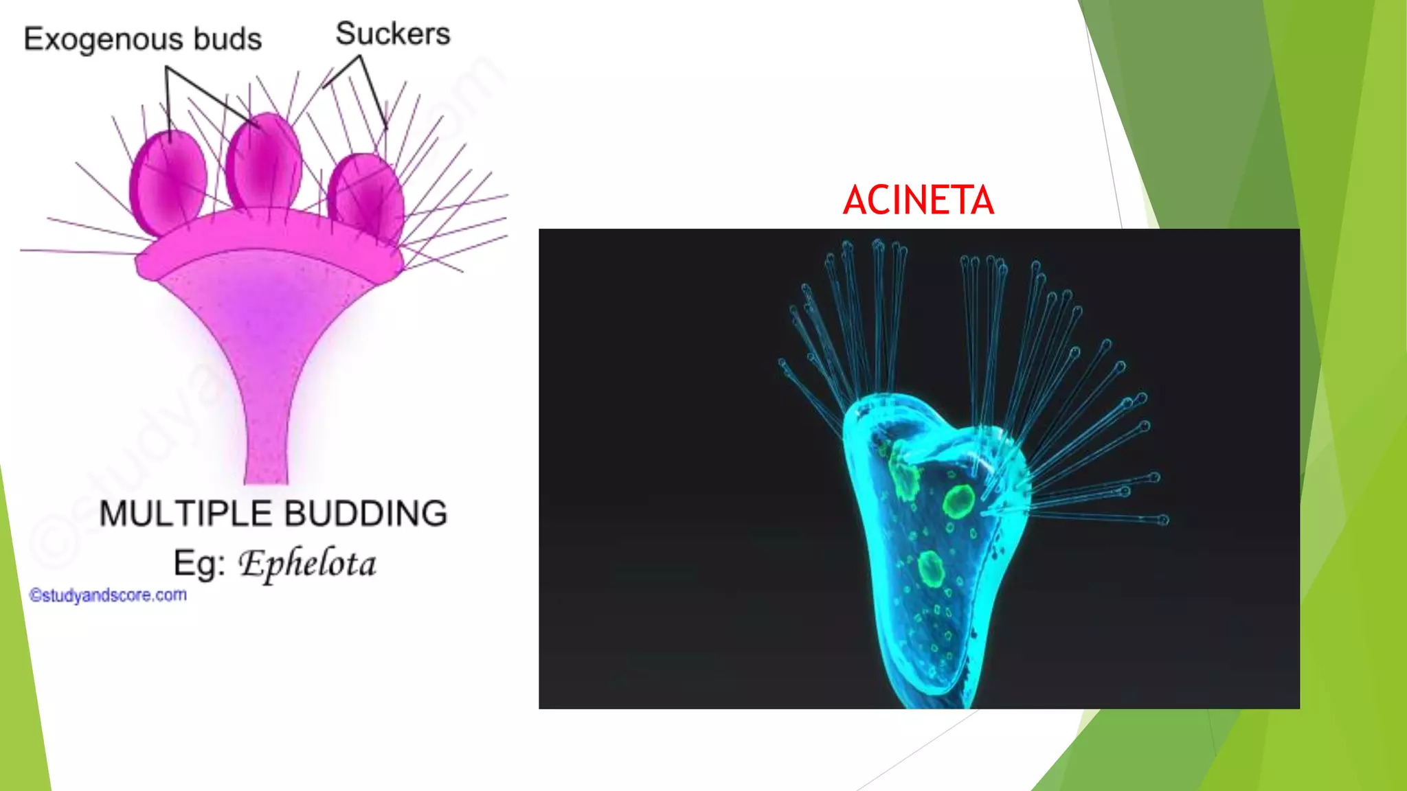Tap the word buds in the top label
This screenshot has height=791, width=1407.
227,39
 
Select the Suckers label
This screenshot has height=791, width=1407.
393,34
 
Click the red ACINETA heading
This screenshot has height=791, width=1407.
919,200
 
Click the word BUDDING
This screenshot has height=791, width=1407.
365,514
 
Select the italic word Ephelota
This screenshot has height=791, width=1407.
307,564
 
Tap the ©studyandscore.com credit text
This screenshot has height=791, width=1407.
108,595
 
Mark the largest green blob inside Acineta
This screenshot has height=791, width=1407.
958,501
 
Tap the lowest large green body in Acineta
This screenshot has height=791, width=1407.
931,569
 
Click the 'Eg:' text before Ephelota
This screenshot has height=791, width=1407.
199,564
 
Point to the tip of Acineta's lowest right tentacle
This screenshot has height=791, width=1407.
1163,520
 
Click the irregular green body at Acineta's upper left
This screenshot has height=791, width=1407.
903,474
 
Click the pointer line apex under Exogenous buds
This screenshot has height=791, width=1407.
167,67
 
